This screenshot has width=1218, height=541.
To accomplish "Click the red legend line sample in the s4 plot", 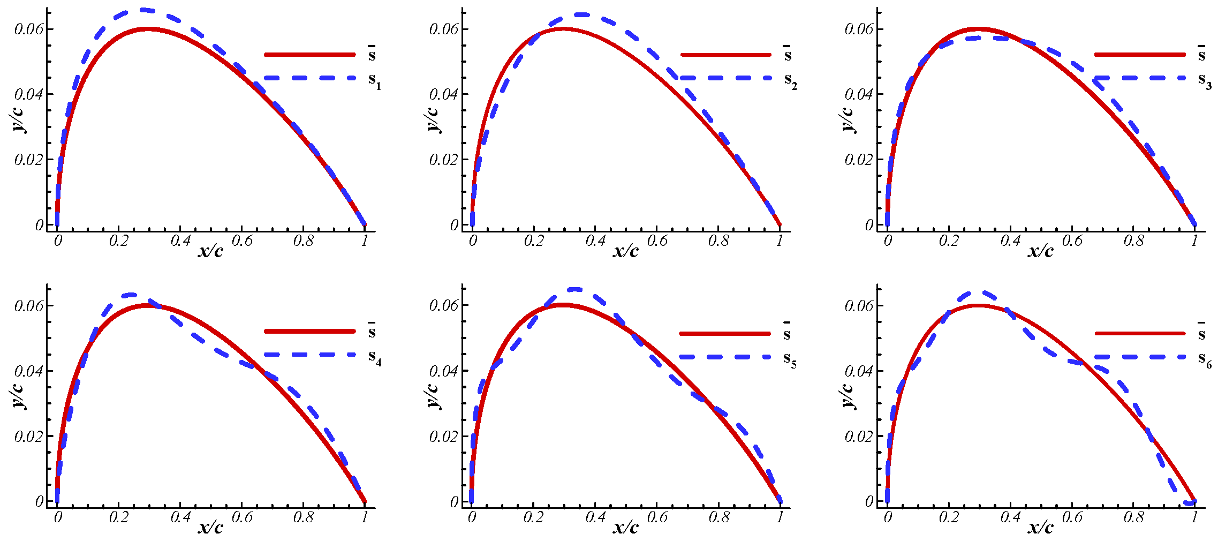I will click(309, 331).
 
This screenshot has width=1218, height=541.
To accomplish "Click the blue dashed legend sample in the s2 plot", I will click(725, 78).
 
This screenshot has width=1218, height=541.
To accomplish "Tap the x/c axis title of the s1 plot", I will click(210, 250).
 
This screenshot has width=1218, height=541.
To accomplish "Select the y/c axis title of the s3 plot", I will click(847, 119).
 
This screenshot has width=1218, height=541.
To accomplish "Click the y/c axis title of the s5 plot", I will click(432, 395).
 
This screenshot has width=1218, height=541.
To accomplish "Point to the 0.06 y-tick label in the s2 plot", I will click(444, 29).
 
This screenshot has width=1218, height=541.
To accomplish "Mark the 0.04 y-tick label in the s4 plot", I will click(29, 371).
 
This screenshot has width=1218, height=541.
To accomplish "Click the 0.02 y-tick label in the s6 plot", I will click(859, 437).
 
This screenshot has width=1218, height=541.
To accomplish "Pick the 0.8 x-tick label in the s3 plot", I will click(1133, 241).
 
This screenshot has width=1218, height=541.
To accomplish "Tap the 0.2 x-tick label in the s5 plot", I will click(534, 517).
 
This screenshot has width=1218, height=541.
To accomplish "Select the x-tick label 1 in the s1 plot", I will click(365, 241).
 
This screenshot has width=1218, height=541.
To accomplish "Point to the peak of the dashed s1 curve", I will click(143, 10).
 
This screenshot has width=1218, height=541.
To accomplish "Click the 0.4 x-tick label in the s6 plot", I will click(1010, 517).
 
